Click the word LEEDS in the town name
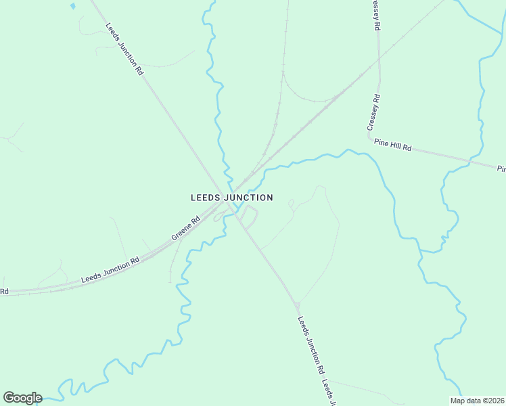[205, 198]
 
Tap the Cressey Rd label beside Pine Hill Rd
[373, 112]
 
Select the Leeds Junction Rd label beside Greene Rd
[110, 269]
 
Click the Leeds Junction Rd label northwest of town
[125, 49]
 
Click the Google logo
[22, 398]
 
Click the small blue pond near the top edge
[72, 6]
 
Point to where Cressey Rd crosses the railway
[379, 64]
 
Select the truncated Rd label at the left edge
[4, 292]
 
